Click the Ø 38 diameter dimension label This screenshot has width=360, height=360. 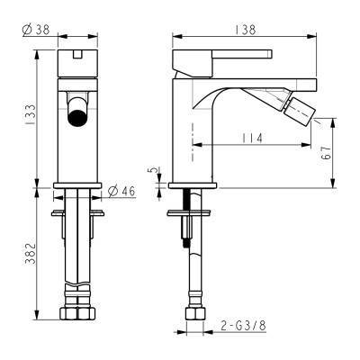coord(36,30)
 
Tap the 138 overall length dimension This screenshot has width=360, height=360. coord(246,30)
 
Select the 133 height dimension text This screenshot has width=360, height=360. coord(31,114)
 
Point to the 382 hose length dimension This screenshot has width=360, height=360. coord(31,254)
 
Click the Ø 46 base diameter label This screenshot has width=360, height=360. coord(121,191)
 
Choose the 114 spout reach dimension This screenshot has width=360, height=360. coord(252,138)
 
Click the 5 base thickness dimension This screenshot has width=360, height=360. coord(153,170)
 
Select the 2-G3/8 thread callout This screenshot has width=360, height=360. coord(243,325)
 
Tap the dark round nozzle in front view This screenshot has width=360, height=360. coord(77,118)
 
